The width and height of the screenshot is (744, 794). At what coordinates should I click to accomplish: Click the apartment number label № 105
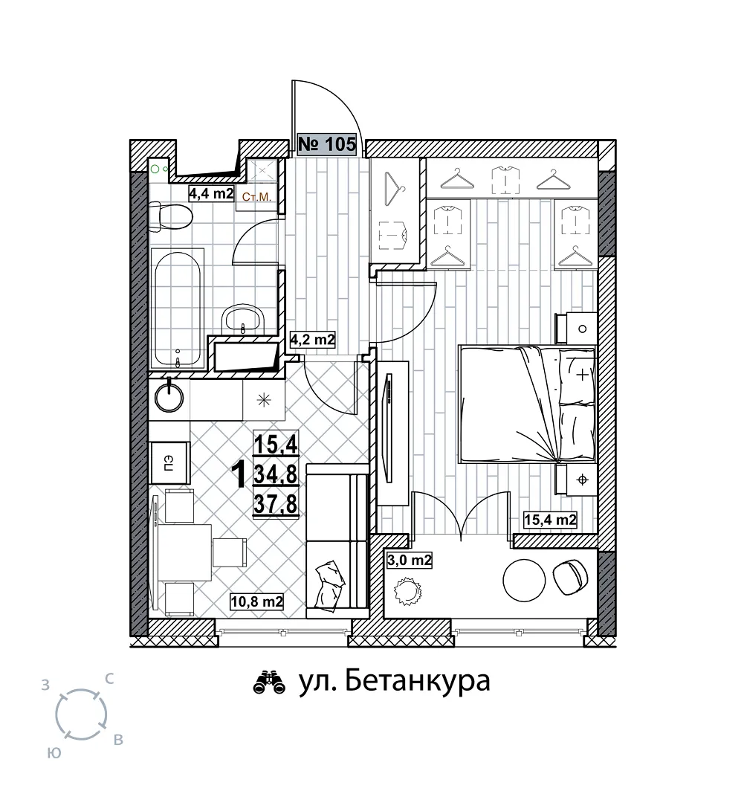click(x=327, y=144)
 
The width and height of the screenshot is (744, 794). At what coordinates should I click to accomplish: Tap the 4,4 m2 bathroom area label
click(x=211, y=193)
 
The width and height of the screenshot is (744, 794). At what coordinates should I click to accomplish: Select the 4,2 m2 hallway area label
click(x=312, y=339)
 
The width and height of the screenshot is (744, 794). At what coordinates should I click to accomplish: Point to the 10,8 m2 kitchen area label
click(x=256, y=601)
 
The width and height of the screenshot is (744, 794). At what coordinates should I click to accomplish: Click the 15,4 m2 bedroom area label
click(x=550, y=520)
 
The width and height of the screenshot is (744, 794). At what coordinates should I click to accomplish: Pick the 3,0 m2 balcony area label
click(x=410, y=560)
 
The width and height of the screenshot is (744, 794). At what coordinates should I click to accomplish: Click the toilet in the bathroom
click(x=171, y=217)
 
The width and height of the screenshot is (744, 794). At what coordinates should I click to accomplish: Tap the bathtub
click(x=178, y=309)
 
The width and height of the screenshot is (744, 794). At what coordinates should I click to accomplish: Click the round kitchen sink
click(x=169, y=396)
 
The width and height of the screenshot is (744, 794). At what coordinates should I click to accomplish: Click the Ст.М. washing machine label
click(x=256, y=197)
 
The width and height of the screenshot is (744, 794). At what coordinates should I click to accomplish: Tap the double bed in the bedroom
click(x=527, y=404)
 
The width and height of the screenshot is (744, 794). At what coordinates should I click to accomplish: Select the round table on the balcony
click(x=524, y=580)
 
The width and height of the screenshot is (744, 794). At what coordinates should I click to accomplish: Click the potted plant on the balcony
click(x=407, y=591)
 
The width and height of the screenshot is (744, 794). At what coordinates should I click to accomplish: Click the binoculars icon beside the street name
click(x=269, y=682)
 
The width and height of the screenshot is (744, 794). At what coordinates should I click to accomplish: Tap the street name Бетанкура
click(x=417, y=681)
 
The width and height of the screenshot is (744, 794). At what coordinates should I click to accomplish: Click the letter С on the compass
click(x=109, y=679)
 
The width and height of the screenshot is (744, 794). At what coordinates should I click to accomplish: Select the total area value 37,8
click(x=275, y=504)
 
